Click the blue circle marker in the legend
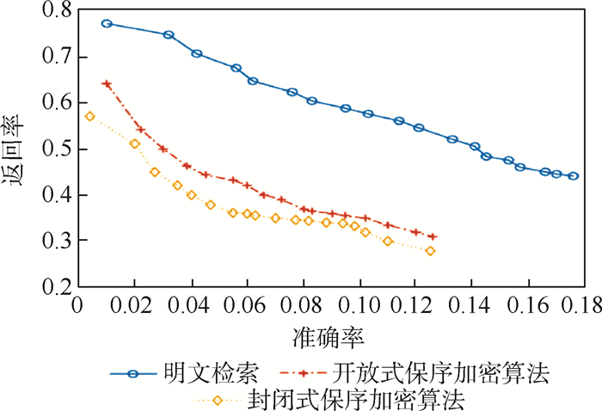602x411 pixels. coord(132,374)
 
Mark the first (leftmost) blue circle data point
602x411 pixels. coord(107,24)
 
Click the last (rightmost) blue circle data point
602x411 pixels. coord(574,176)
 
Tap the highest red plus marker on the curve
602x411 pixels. coord(107,84)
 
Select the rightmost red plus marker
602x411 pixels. coord(432,236)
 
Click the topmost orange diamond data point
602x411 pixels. coord(89,116)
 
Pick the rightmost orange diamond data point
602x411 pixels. coord(430,251)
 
